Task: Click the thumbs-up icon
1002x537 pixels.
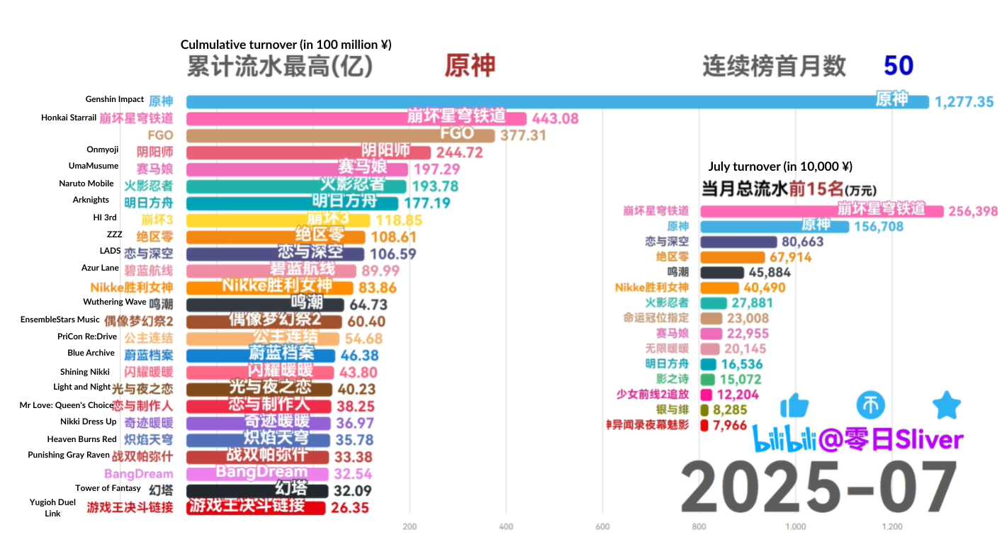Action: coord(794,406)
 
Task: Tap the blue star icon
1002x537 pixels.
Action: coord(946,406)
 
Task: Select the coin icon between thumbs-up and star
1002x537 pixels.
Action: coord(871,406)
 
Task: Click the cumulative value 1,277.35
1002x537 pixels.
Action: coord(964,102)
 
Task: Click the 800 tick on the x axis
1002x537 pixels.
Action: coord(699,526)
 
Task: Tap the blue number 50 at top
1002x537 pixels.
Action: coord(898,66)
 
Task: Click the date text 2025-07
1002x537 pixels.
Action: coord(819,487)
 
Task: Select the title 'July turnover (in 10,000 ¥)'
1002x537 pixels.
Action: coord(780,166)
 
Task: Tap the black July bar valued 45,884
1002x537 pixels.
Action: coord(721,272)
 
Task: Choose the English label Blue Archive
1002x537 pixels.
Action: coord(91,353)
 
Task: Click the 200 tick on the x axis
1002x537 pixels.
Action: coord(410,526)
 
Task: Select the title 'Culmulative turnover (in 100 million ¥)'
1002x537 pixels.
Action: coord(286,45)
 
